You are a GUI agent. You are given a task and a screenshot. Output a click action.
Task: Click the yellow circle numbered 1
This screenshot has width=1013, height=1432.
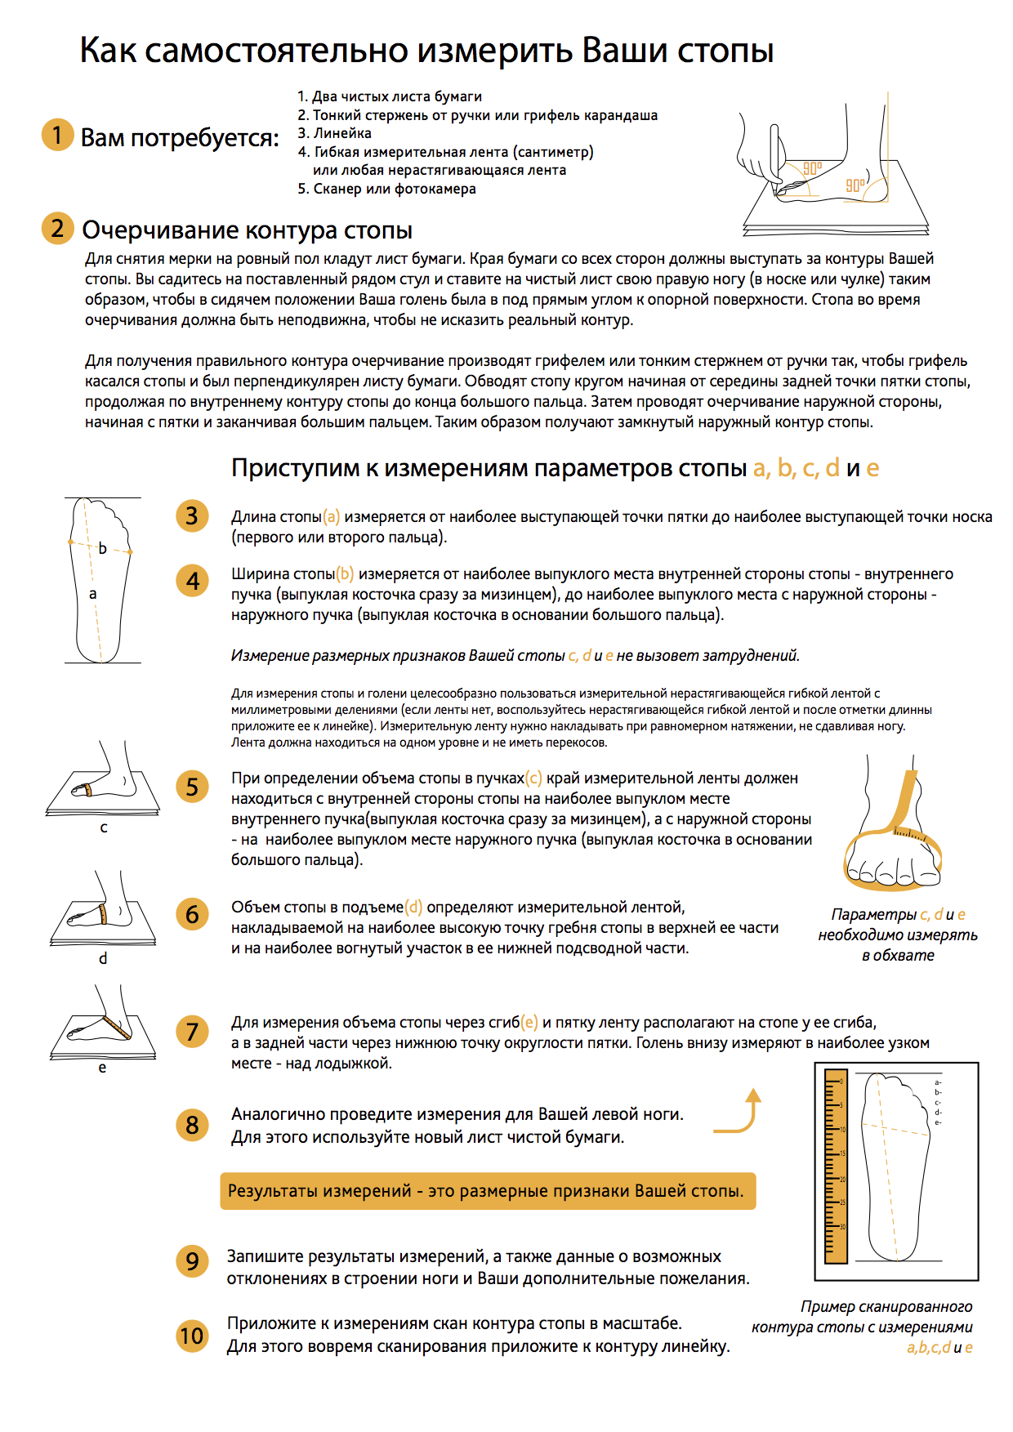[57, 135]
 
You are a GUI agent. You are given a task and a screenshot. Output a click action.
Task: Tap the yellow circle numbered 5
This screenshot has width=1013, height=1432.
[192, 787]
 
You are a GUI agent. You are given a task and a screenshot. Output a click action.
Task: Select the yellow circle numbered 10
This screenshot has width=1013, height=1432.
[192, 1336]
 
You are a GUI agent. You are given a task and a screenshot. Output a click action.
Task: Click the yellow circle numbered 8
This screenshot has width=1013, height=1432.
[192, 1125]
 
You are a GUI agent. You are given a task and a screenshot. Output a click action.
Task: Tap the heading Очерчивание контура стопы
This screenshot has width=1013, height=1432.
[247, 230]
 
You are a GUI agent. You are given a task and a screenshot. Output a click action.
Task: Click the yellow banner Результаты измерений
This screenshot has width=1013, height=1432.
[488, 1191]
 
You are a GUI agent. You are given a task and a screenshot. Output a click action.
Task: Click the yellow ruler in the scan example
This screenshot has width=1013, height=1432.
[836, 1166]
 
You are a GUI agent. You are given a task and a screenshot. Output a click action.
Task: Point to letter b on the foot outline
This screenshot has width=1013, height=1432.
[103, 548]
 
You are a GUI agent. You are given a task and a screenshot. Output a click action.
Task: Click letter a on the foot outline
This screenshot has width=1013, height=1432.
[92, 594]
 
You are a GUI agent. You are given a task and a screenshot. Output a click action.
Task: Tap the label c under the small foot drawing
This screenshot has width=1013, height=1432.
[104, 828]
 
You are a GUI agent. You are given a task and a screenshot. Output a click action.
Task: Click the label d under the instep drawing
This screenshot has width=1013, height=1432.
[103, 957]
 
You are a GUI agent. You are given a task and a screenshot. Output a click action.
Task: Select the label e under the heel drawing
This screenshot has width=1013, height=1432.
[102, 1068]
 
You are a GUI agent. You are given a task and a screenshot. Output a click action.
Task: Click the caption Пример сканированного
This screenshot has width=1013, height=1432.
[886, 1306]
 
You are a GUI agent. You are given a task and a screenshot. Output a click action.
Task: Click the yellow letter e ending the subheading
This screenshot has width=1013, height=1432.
[872, 469]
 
